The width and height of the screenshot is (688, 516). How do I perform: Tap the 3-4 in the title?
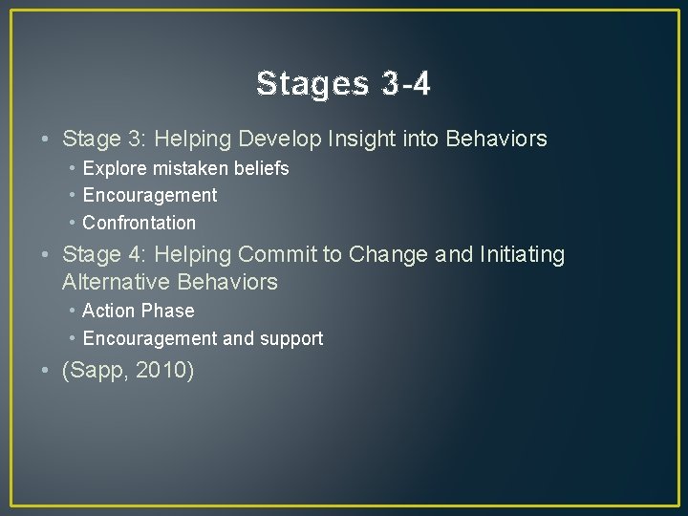[x=405, y=84]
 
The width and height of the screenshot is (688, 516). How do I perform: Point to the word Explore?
[x=112, y=169]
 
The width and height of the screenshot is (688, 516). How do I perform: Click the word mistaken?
[x=184, y=169]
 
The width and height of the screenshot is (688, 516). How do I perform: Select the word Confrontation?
[x=140, y=224]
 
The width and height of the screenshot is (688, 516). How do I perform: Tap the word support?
[x=292, y=339]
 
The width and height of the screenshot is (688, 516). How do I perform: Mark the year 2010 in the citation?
[x=162, y=371]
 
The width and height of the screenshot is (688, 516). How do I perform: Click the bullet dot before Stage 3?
[x=47, y=140]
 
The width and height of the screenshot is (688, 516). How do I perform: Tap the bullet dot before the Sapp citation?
[x=47, y=371]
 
